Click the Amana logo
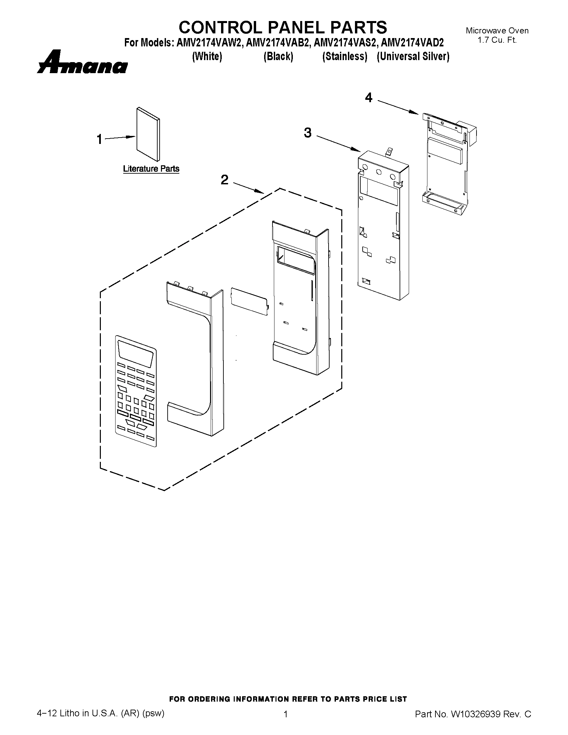tap(82, 62)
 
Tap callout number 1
tap(99, 139)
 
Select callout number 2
tap(224, 180)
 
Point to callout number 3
tap(308, 133)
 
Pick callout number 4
tap(369, 98)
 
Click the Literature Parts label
tap(151, 169)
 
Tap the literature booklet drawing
tap(148, 134)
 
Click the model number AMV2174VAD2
tap(412, 43)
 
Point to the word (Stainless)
tap(345, 56)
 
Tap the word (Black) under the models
tap(278, 56)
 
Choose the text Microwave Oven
tap(497, 31)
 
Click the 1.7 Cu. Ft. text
tap(497, 40)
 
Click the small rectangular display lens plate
tap(249, 301)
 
